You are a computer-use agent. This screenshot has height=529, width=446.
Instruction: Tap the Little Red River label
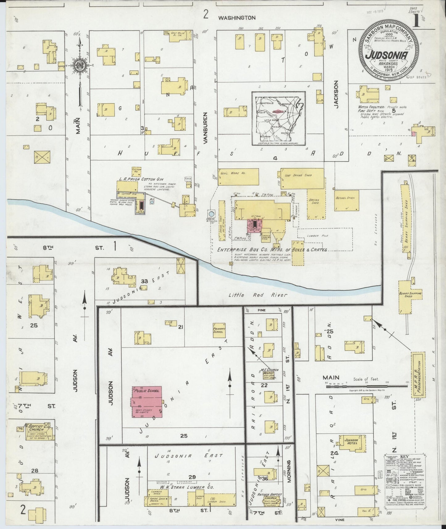coord(258,295)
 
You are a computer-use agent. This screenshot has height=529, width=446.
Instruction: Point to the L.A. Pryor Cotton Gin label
coord(141,179)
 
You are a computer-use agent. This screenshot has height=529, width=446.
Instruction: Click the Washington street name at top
coord(237,18)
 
